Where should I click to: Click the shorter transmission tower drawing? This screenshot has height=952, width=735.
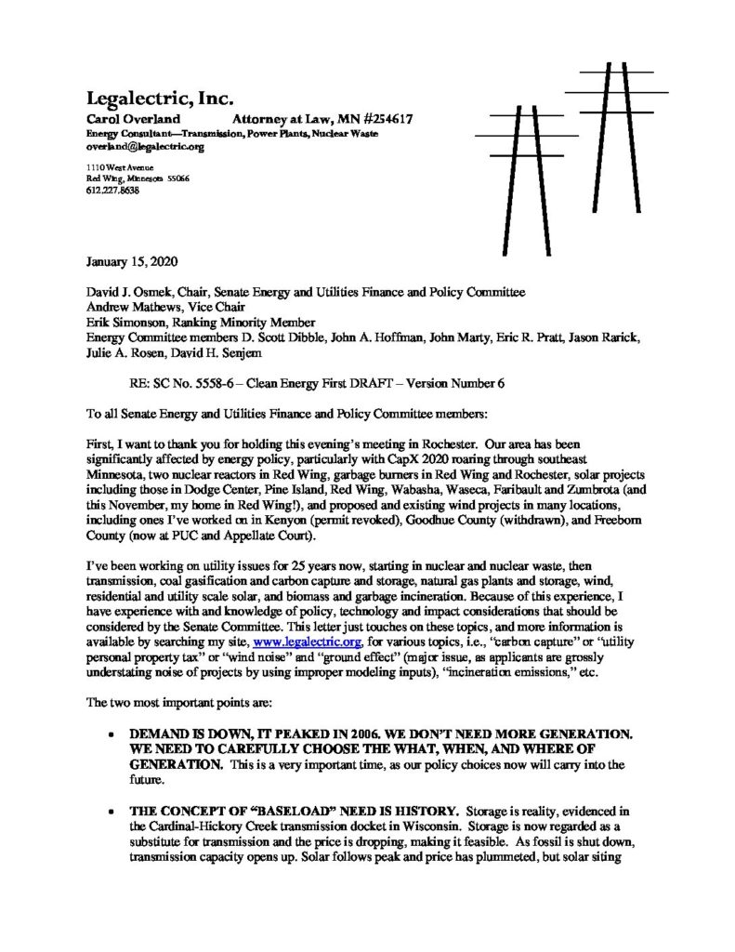coord(508,167)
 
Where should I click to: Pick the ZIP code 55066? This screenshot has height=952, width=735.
coord(177,178)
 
